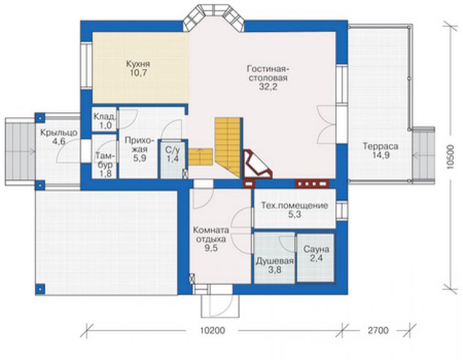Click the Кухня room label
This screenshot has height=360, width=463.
click(x=138, y=64)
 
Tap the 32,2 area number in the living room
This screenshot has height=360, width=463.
click(x=268, y=87)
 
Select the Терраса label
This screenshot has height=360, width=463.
click(x=380, y=147)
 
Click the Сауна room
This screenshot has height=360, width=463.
click(x=316, y=258)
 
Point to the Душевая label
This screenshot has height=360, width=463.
click(x=275, y=261)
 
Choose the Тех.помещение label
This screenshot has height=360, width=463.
click(x=295, y=205)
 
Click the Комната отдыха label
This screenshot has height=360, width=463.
click(x=211, y=234)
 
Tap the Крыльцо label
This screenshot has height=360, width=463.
click(x=59, y=133)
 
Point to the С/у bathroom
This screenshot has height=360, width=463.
click(x=173, y=159)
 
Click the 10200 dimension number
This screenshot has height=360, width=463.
click(x=212, y=330)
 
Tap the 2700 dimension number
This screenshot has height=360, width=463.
click(x=378, y=330)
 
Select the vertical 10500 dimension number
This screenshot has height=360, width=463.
click(x=450, y=157)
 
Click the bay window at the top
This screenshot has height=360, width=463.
click(x=213, y=18)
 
